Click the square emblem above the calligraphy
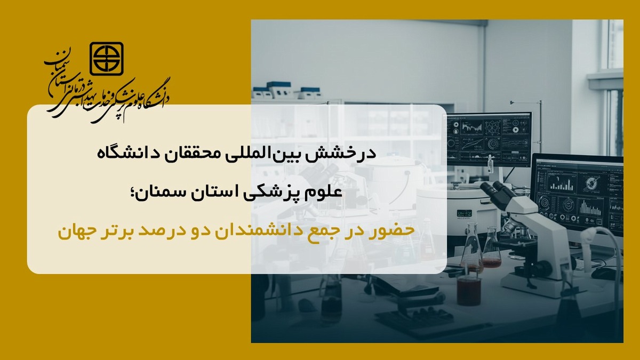107,59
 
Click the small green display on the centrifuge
465,213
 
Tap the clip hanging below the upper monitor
490,164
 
